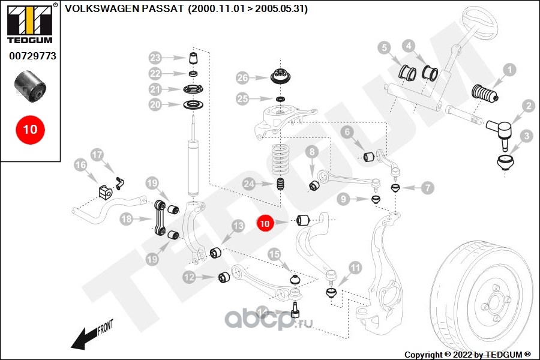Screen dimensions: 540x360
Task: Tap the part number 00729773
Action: pos(32,56)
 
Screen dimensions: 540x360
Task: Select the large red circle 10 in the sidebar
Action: pos(31,130)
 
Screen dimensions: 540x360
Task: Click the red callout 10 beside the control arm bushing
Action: pos(265,224)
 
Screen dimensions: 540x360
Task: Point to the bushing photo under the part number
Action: pos(31,87)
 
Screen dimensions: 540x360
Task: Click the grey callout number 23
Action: pos(155,58)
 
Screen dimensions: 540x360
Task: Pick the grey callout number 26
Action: pos(243,78)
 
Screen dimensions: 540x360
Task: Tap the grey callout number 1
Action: pos(509,70)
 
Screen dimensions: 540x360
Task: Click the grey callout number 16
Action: pos(80,165)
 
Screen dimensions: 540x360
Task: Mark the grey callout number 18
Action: pos(127,219)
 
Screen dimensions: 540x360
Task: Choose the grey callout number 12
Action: pos(190,277)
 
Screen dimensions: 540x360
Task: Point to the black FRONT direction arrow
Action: pos(87,338)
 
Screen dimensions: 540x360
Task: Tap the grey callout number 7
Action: pos(427,188)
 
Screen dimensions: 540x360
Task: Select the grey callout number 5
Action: pos(385,48)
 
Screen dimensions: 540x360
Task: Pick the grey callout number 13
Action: pos(238,226)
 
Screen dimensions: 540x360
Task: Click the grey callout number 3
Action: pos(526,136)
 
